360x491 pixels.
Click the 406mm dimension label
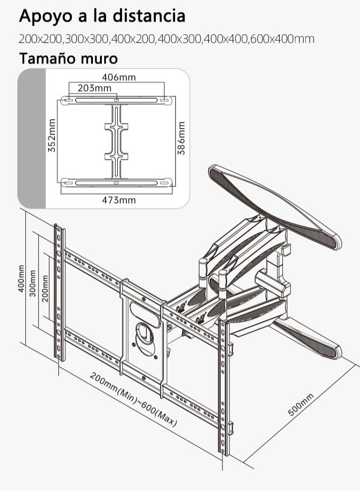(x=119, y=77)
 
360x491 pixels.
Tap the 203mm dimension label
(x=94, y=88)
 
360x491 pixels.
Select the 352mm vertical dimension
(x=52, y=135)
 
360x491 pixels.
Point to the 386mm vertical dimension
(x=182, y=138)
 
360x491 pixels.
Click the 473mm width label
(x=119, y=200)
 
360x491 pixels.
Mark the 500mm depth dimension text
(x=300, y=405)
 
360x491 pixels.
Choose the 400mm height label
(x=21, y=279)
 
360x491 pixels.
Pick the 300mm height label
(x=33, y=283)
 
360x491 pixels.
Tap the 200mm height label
(x=46, y=288)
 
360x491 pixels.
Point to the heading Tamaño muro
(x=69, y=58)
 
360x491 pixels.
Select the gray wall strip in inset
(x=32, y=138)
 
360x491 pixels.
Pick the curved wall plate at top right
(x=275, y=207)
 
